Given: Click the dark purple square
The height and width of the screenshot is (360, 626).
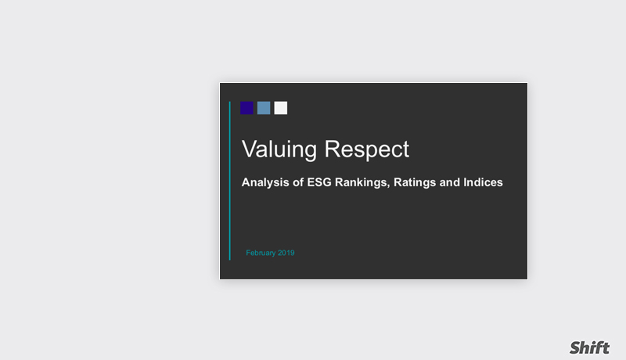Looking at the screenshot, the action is click(x=246, y=108).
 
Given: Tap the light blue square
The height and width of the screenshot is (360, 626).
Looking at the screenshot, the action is click(x=264, y=108).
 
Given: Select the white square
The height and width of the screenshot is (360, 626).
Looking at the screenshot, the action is click(x=281, y=108).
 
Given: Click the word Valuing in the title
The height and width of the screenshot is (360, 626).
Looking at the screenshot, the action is click(x=279, y=150).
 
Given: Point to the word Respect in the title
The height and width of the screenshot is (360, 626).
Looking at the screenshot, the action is click(x=366, y=150).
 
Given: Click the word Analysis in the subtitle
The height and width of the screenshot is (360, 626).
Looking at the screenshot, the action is click(x=265, y=182).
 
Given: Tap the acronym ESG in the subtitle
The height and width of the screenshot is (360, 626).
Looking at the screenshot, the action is click(x=319, y=182).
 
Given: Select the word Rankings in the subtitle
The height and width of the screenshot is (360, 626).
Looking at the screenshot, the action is click(x=360, y=182).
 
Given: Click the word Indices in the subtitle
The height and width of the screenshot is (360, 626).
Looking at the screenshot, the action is click(x=483, y=182).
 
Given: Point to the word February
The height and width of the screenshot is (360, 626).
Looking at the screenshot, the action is click(x=261, y=253).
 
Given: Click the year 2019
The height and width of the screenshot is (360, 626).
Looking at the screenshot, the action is click(x=286, y=253).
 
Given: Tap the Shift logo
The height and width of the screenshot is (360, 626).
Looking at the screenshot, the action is click(x=589, y=347).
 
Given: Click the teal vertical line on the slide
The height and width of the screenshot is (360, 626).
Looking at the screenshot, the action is click(x=229, y=181).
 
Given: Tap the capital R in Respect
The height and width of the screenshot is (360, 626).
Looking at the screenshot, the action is click(x=332, y=149).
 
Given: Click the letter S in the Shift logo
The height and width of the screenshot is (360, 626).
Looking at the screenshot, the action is click(x=575, y=347).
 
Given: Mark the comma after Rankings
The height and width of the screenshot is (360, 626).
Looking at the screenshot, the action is click(x=388, y=186).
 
